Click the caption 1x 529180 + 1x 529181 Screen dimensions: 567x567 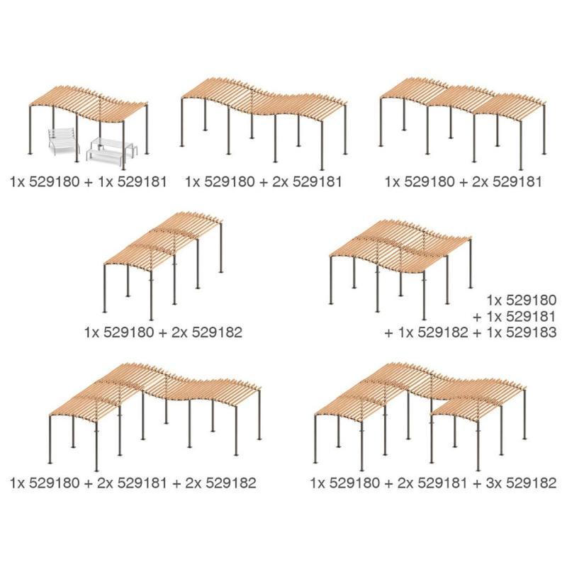click(89, 181)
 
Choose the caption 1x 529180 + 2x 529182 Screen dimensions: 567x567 click(163, 331)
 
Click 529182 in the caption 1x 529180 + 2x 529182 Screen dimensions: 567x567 click(213, 331)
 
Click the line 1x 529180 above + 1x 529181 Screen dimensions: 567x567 click(523, 299)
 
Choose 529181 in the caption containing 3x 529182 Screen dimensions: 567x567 click(439, 483)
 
